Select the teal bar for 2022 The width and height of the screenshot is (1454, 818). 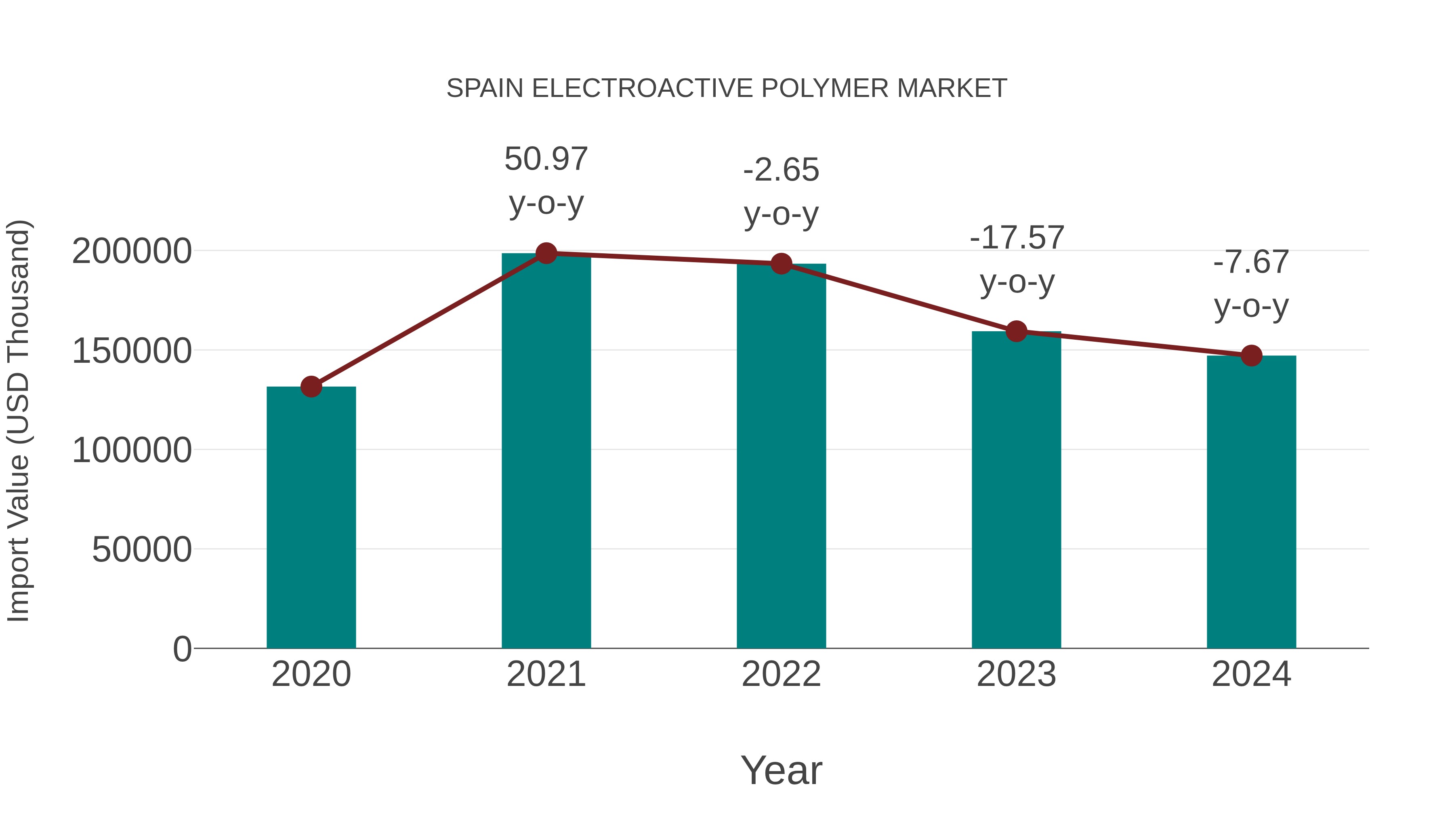point(781,456)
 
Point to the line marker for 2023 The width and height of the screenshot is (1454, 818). point(1017,331)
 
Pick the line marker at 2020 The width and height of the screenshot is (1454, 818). point(311,387)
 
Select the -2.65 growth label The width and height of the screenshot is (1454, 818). point(781,170)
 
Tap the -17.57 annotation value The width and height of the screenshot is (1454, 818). point(1017,238)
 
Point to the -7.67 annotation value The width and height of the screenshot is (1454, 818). point(1251,263)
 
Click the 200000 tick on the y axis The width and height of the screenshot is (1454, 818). point(132,251)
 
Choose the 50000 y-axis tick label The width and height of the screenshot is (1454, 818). point(142,549)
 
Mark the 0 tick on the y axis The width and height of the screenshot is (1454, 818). point(182,649)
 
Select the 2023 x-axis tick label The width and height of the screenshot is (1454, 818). point(1017,674)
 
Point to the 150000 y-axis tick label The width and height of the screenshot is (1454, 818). point(132,351)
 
